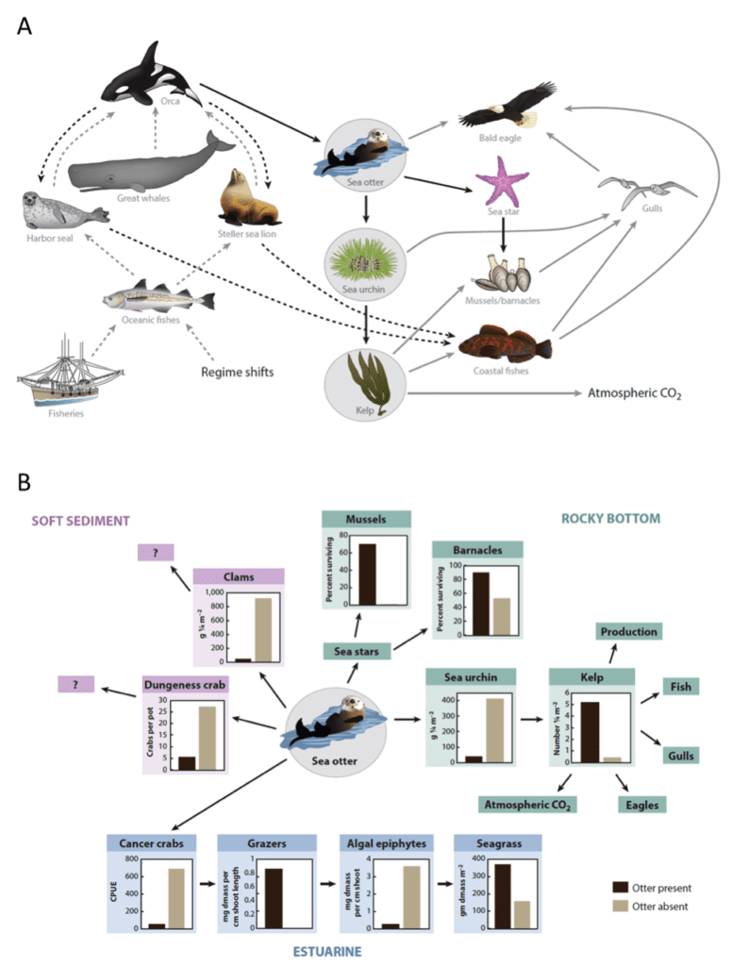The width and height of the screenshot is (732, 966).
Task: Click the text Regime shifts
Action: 237,372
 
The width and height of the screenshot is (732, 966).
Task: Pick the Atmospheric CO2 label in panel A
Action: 634,391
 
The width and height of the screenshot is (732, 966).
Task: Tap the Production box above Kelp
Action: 626,631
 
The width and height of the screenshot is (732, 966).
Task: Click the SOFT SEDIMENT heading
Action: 80,520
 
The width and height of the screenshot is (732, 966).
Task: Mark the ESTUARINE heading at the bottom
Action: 324,952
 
